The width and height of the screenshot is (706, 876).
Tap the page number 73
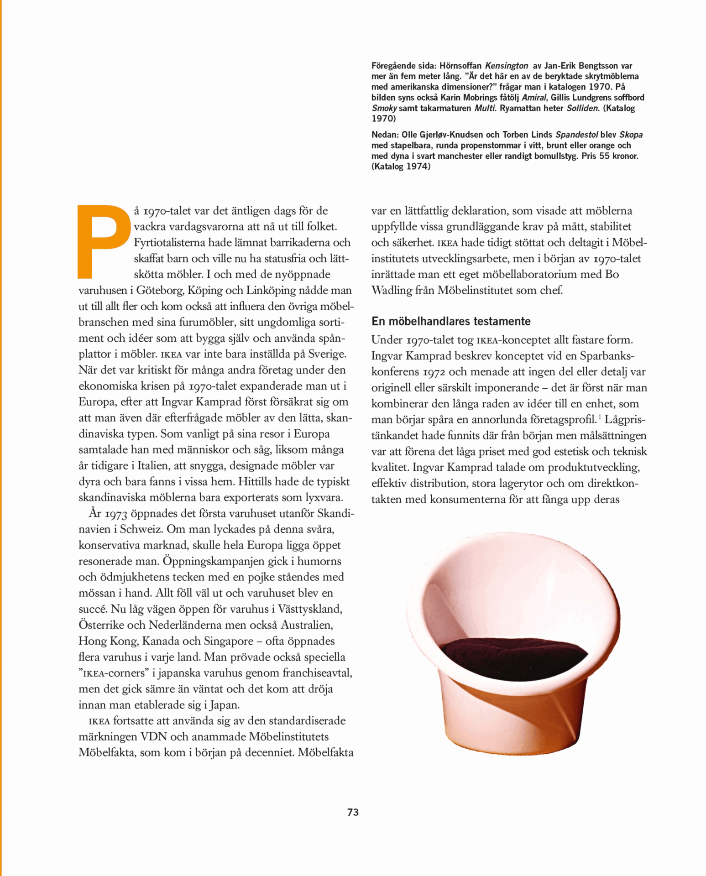pyautogui.click(x=353, y=813)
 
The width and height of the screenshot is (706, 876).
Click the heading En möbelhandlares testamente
pyautogui.click(x=451, y=321)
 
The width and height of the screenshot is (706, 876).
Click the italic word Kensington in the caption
pyautogui.click(x=506, y=66)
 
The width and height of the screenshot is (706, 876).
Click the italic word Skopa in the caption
pyautogui.click(x=631, y=135)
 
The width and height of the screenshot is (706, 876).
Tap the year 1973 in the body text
pyautogui.click(x=116, y=514)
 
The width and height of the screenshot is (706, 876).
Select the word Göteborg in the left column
pyautogui.click(x=159, y=290)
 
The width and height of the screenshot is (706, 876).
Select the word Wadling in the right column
pyautogui.click(x=392, y=290)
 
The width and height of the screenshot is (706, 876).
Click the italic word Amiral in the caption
pyautogui.click(x=533, y=98)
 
